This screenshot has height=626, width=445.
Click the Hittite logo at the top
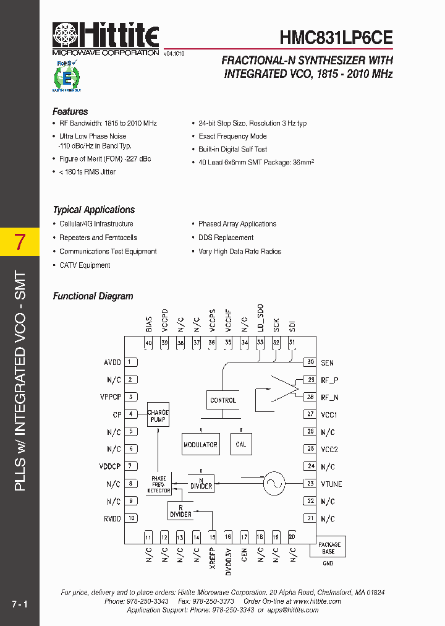[106, 36]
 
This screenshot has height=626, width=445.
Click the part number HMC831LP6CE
[336, 37]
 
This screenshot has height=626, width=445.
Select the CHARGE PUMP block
[158, 416]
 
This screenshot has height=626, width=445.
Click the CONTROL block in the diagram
[223, 400]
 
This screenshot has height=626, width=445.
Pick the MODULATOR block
[200, 444]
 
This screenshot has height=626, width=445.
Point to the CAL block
[241, 444]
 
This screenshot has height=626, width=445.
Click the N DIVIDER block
[201, 484]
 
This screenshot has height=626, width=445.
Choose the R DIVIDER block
[180, 511]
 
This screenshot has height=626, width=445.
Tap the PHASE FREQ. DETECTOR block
[159, 484]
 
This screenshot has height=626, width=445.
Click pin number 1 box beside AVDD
[131, 362]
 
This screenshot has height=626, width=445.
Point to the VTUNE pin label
[331, 484]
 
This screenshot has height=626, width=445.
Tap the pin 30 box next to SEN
[310, 362]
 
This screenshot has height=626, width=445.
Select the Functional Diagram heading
[93, 296]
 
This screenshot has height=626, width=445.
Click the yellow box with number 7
[20, 242]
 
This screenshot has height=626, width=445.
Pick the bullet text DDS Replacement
[226, 238]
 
